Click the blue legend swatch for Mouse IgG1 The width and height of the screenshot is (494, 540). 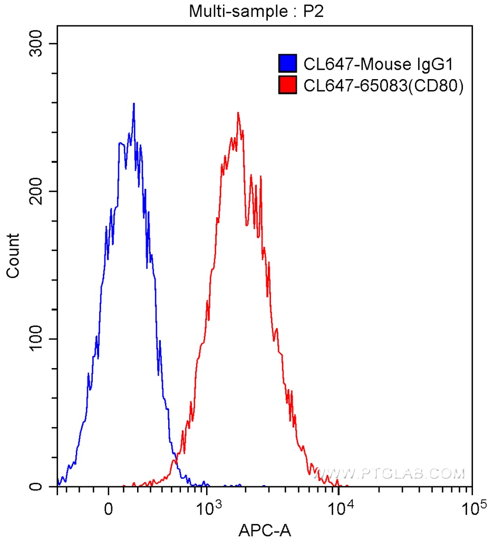click(288, 64)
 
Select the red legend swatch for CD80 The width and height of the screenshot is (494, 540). click(288, 85)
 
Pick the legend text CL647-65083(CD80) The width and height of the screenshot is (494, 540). click(383, 85)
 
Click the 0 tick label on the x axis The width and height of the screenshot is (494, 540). click(109, 511)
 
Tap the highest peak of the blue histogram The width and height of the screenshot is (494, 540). click(134, 104)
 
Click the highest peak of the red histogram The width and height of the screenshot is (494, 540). click(238, 113)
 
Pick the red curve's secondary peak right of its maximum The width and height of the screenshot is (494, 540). click(251, 175)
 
